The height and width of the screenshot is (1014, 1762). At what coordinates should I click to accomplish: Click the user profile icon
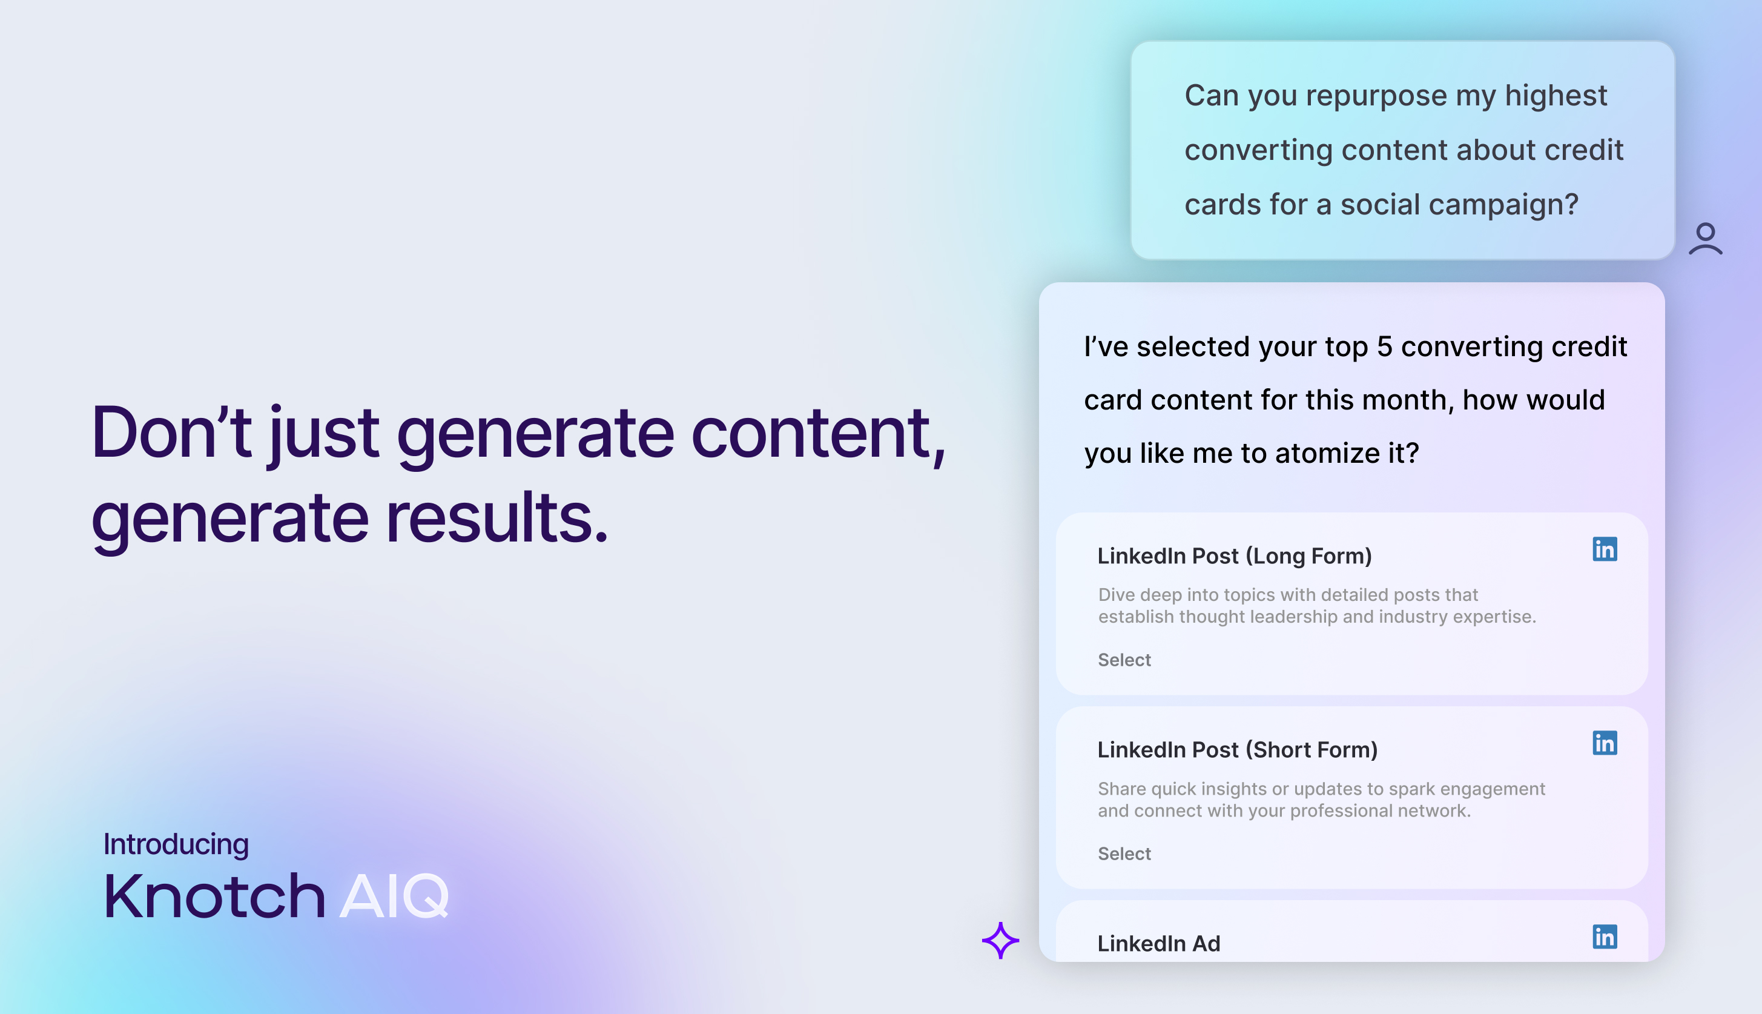pos(1705,239)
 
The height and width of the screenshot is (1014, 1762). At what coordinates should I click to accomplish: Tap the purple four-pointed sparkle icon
pos(1000,940)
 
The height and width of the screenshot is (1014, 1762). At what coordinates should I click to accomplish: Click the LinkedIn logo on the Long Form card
pos(1605,549)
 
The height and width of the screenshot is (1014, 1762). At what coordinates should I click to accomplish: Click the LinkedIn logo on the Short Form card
pos(1605,743)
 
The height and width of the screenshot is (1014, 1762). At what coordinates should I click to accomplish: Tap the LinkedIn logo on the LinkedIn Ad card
pos(1605,936)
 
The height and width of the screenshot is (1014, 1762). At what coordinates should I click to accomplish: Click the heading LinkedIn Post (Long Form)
pos(1234,555)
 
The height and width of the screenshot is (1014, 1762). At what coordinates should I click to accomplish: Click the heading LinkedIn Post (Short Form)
pos(1238,749)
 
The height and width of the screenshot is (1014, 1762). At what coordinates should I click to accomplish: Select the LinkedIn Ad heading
pos(1159,943)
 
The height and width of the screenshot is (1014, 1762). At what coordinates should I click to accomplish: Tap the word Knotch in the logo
pos(214,896)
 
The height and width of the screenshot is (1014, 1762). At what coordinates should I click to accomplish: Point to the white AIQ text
pos(395,896)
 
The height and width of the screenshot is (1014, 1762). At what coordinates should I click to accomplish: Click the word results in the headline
pos(497,516)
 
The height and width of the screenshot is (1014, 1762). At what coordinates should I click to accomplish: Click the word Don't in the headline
pos(171,432)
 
